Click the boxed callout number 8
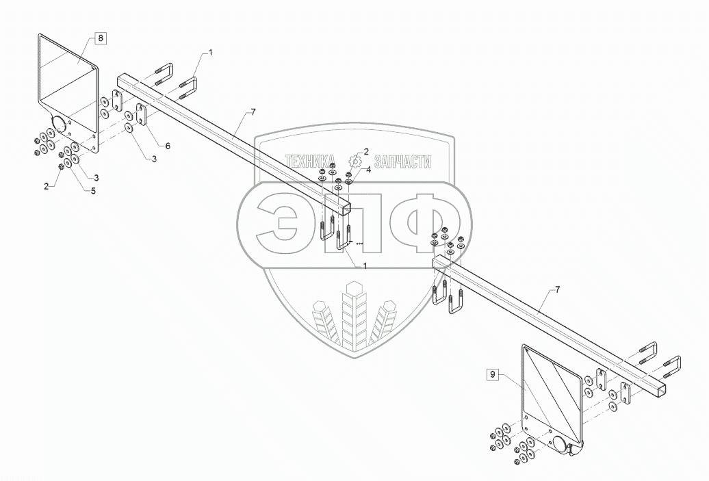point(101,39)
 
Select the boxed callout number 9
point(491,374)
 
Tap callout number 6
point(168,145)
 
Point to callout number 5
point(94,191)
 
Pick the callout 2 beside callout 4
point(367,152)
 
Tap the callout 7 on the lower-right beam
point(557,290)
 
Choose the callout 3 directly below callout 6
point(153,159)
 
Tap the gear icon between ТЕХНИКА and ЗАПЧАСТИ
point(354,161)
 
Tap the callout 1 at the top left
point(211,52)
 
